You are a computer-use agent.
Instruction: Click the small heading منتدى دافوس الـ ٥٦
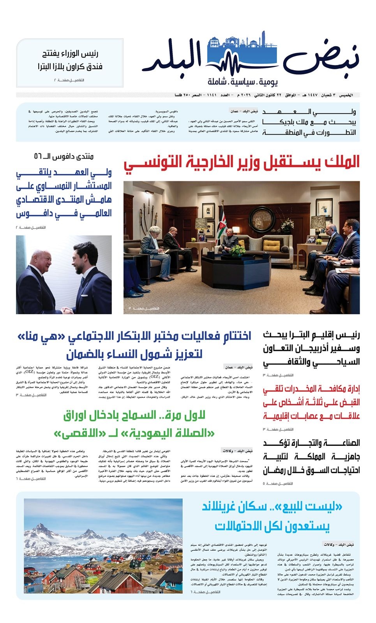pyautogui.click(x=64, y=157)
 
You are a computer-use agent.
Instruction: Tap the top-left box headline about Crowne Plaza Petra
pyautogui.click(x=70, y=60)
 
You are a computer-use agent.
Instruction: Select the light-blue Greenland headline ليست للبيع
pyautogui.click(x=272, y=517)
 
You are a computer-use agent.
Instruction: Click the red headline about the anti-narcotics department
pyautogui.click(x=311, y=402)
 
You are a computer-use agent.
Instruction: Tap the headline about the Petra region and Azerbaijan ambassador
pyautogui.click(x=311, y=348)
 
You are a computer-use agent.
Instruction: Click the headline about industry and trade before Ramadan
pyautogui.click(x=311, y=456)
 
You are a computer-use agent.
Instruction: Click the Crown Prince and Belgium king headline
pyautogui.click(x=309, y=122)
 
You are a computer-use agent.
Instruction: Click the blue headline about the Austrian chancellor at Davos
pyautogui.click(x=64, y=193)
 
